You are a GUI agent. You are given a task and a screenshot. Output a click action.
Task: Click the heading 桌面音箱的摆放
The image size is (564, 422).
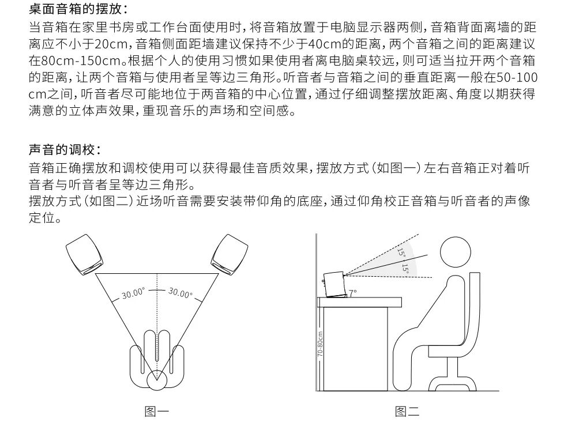pos(78,9)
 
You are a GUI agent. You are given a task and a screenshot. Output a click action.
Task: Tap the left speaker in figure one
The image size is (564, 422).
pos(85,254)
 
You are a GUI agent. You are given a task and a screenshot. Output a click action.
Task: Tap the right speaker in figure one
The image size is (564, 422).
pos(230,254)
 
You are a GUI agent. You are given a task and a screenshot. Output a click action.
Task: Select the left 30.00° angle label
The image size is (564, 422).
pos(133,293)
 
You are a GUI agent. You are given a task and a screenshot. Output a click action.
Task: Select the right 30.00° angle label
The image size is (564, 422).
pos(181,293)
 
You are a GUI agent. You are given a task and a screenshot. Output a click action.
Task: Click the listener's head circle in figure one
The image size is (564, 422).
pos(157,380)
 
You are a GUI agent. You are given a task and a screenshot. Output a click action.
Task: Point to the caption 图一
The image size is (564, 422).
pos(156,411)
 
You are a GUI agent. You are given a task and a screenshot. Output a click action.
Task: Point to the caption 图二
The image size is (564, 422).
pos(407,411)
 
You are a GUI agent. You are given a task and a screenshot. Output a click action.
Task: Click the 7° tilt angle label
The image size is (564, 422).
pos(352,293)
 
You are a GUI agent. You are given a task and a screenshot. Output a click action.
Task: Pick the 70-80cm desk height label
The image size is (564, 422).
pos(320,344)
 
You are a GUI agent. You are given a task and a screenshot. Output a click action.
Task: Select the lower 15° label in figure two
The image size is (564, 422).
pos(406,269)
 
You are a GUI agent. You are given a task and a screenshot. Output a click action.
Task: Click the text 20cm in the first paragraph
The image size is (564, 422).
pos(111,44)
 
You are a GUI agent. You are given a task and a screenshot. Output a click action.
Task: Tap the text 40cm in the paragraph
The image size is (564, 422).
pos(325,44)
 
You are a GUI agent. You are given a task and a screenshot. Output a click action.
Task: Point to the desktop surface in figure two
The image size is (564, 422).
pos(359,302)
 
